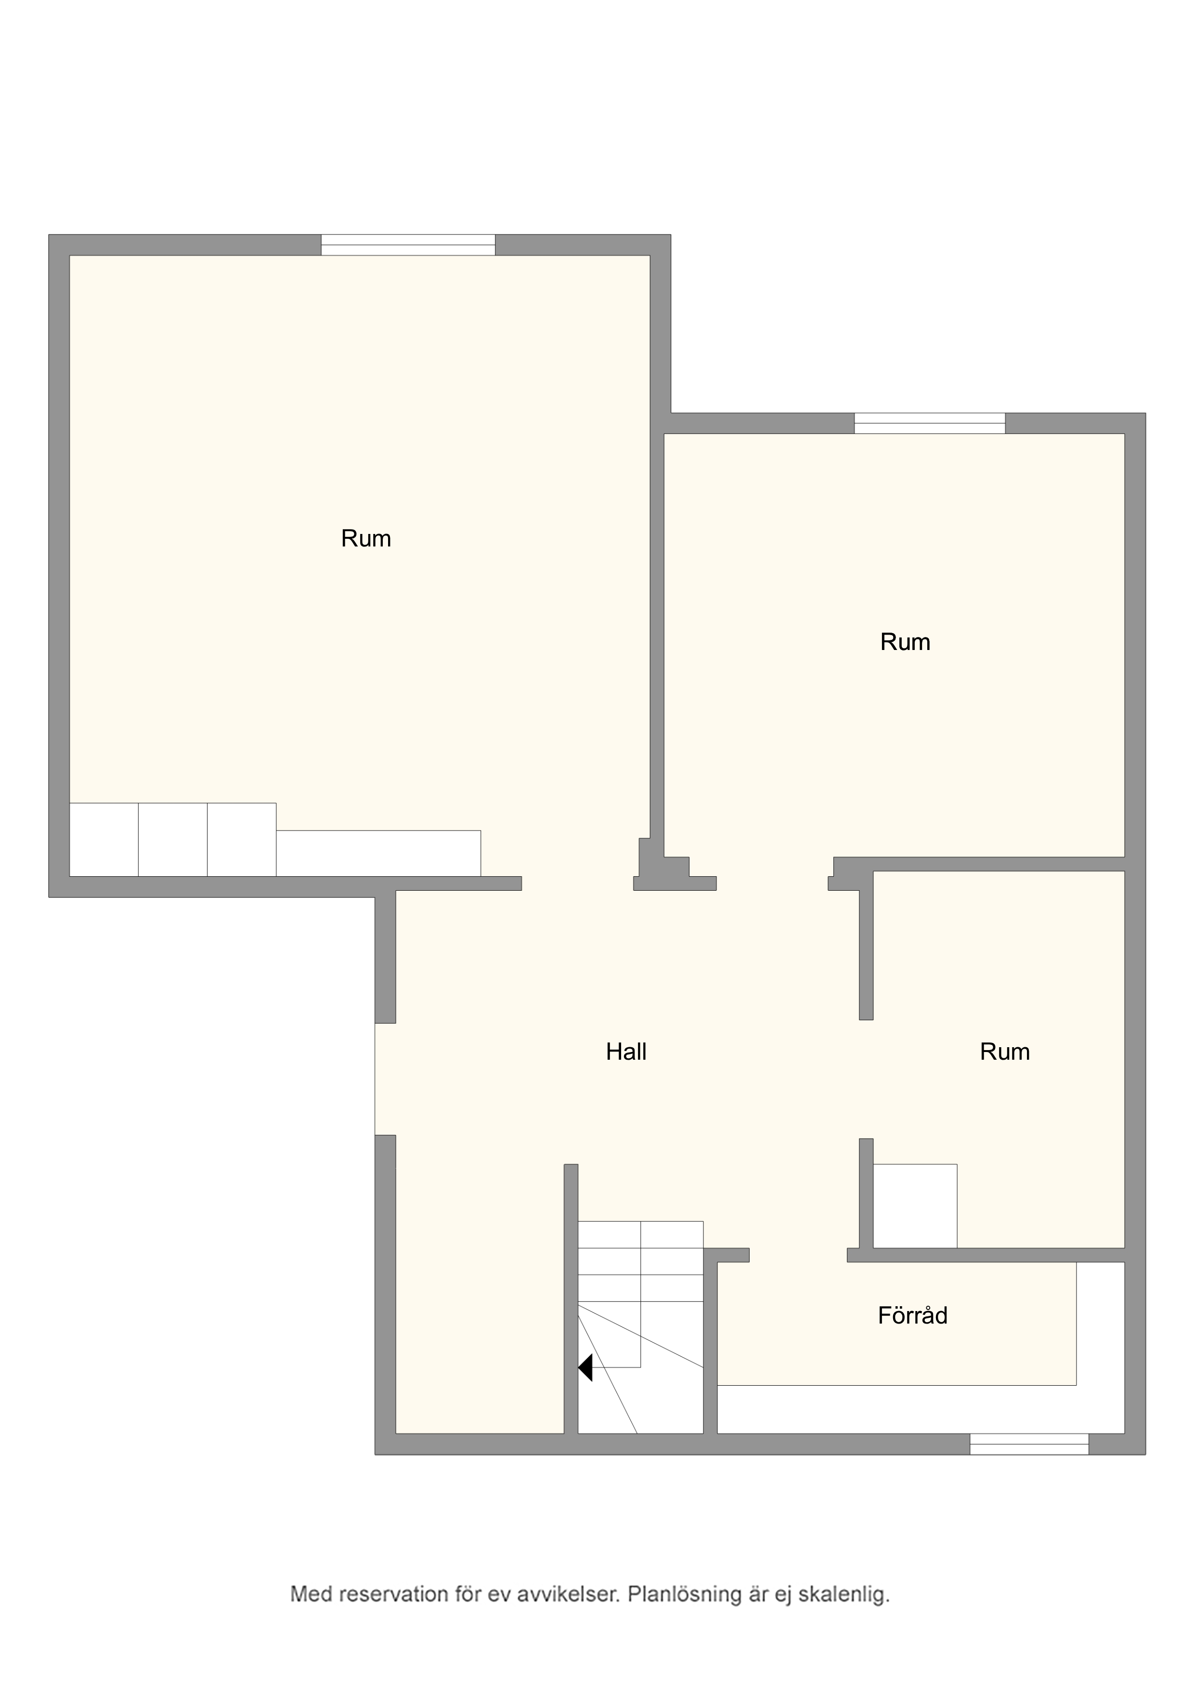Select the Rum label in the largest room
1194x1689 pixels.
click(365, 538)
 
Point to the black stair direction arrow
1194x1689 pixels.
click(585, 1367)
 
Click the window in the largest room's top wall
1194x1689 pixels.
click(408, 245)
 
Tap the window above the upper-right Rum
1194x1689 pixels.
click(929, 423)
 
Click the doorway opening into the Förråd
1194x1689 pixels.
click(798, 1255)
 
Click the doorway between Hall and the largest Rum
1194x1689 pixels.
click(578, 883)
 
